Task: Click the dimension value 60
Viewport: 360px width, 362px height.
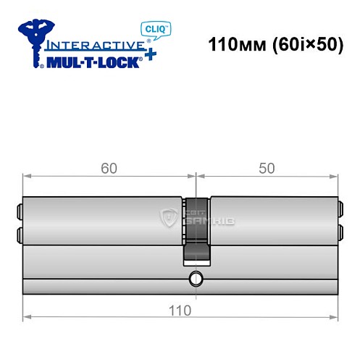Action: click(109, 168)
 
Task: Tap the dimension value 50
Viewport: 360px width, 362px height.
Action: click(266, 168)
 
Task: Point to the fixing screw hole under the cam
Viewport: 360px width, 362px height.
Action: click(195, 279)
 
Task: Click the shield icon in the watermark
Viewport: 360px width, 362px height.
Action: click(169, 216)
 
